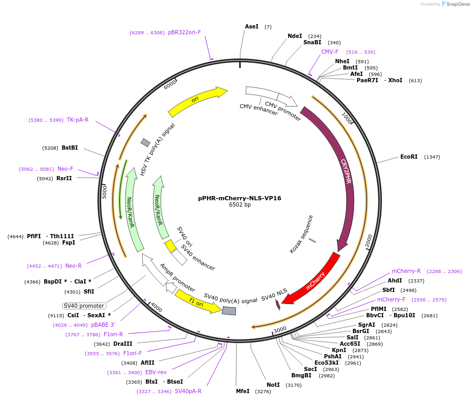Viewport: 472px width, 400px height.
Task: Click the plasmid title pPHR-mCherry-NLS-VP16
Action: click(x=240, y=198)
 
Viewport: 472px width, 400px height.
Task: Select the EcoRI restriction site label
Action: click(x=409, y=157)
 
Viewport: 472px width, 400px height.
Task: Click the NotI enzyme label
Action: click(x=273, y=385)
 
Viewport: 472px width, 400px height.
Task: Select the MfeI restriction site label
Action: click(x=243, y=392)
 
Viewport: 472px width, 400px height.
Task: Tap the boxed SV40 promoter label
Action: click(x=84, y=306)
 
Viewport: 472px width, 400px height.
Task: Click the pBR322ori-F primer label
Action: click(x=184, y=32)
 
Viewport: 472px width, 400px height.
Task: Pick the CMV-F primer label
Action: click(x=330, y=52)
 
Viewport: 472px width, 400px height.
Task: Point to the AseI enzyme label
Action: click(x=252, y=26)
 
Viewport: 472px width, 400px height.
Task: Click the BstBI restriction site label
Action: click(x=70, y=148)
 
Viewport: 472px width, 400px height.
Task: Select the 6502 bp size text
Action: click(x=240, y=205)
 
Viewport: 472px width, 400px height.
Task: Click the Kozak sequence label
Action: click(x=301, y=233)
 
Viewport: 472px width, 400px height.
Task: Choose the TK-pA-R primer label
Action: click(x=77, y=120)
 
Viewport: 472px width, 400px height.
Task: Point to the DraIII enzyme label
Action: click(x=122, y=344)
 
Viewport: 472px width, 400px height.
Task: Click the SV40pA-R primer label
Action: click(x=188, y=391)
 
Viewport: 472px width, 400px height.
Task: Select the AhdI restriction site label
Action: click(x=395, y=280)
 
